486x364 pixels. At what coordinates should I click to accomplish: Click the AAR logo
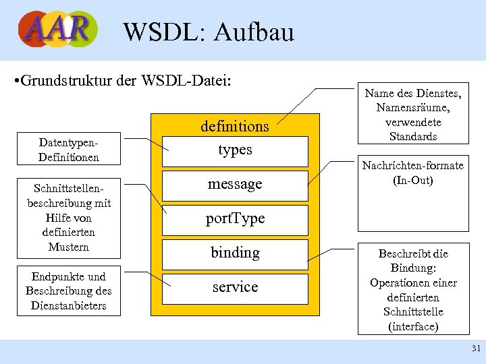click(x=58, y=29)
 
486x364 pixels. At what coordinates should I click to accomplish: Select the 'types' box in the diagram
click(x=235, y=150)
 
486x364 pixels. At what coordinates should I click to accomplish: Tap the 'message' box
click(x=235, y=185)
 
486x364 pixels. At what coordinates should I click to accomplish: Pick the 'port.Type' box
click(x=235, y=219)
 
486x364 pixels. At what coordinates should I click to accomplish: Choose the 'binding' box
click(x=235, y=253)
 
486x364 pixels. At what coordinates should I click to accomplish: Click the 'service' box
click(x=235, y=288)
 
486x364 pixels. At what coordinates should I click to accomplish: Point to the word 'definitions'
click(x=235, y=126)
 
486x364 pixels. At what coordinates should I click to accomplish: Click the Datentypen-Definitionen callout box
click(x=69, y=150)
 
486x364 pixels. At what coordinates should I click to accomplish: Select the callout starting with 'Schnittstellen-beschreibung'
click(x=69, y=218)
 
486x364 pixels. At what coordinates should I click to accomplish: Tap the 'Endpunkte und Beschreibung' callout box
click(x=69, y=291)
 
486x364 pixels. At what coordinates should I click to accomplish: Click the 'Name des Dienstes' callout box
click(x=413, y=115)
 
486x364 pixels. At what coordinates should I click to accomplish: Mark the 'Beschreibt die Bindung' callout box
click(x=413, y=289)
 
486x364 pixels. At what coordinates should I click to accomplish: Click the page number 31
click(x=475, y=348)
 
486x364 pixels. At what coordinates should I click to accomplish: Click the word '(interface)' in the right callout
click(x=413, y=326)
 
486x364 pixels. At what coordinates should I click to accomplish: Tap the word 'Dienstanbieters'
click(x=69, y=305)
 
